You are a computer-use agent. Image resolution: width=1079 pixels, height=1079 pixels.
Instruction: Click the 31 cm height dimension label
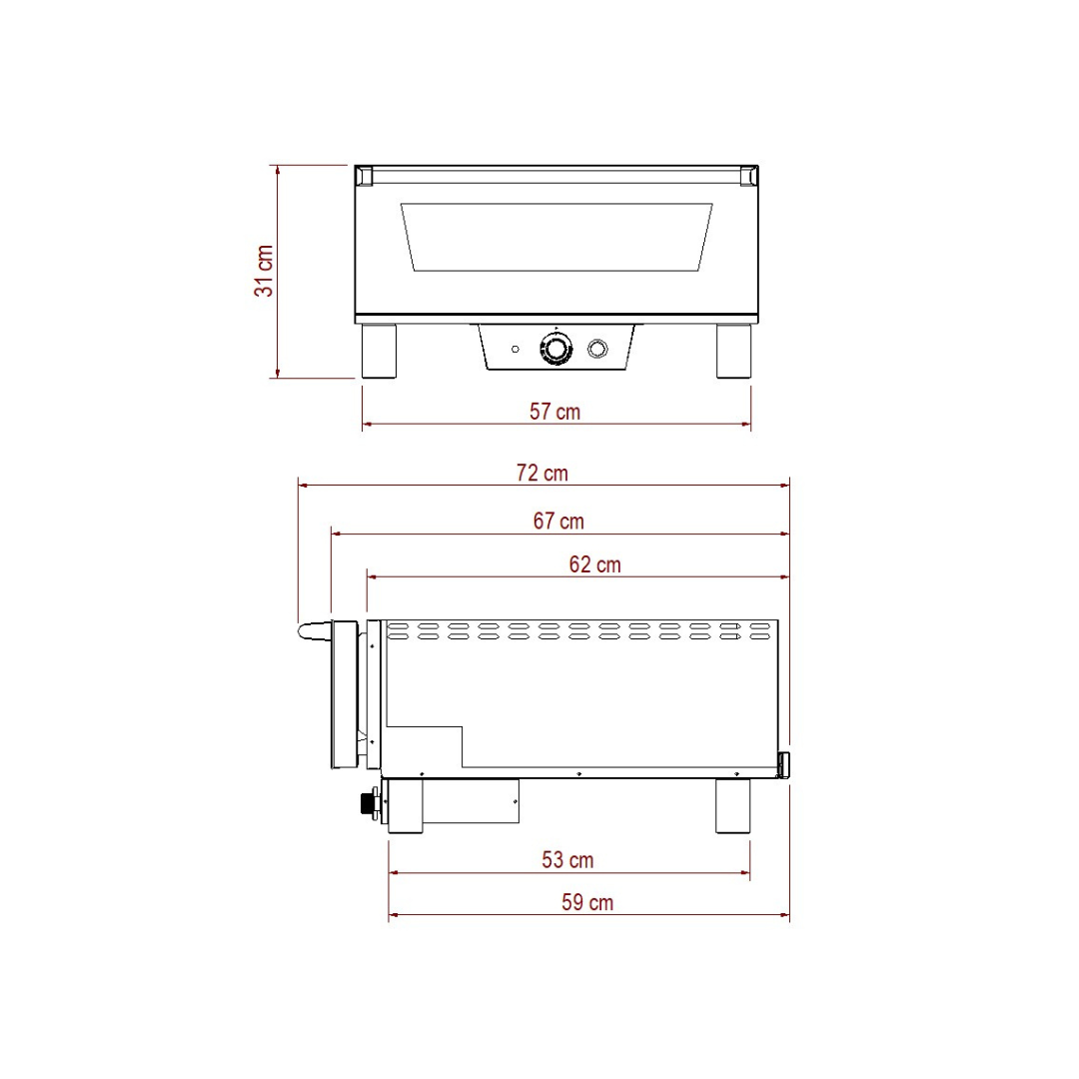264,271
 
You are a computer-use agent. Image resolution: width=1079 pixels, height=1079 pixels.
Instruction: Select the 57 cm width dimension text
555,412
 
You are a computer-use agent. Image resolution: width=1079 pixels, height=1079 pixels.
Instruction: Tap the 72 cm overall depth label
542,473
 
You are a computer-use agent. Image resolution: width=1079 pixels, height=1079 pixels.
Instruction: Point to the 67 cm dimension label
558,521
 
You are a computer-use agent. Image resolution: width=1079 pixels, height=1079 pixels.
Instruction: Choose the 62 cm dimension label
594,564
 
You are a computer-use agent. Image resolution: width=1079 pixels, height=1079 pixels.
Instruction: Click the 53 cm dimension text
567,859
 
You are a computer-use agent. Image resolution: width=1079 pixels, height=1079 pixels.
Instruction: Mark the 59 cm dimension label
587,902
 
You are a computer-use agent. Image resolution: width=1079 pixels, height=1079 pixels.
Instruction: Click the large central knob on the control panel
555,349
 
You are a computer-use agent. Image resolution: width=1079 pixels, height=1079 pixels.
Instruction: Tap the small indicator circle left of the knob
515,349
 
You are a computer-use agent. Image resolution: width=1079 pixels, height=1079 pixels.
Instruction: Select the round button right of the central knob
597,348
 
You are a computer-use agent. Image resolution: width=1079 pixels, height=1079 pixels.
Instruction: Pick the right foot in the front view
732,351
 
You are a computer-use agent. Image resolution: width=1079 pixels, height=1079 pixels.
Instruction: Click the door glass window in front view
556,237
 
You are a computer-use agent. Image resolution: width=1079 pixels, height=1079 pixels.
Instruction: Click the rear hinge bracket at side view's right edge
784,765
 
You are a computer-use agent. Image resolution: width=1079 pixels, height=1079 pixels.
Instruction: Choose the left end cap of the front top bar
364,176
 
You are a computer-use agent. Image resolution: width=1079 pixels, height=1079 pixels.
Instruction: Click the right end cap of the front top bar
747,176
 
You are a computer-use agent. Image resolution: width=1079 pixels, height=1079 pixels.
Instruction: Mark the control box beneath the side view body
470,801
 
